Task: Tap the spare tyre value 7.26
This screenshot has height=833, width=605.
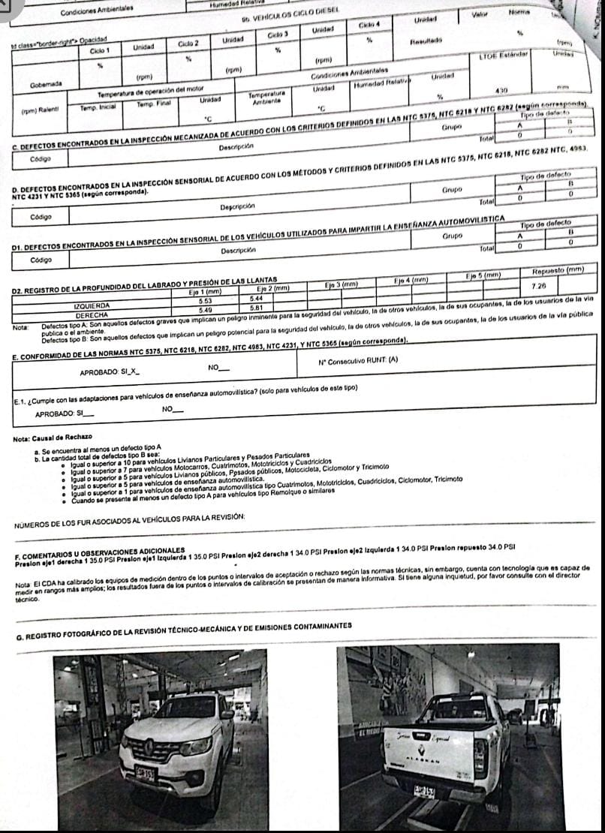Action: pos(537,286)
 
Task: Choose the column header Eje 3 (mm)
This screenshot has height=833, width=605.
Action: pos(345,284)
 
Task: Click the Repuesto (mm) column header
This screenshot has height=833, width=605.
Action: pos(557,270)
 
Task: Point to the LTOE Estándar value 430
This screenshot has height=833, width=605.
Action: pos(503,89)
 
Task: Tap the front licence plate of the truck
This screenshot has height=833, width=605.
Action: pos(145,774)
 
